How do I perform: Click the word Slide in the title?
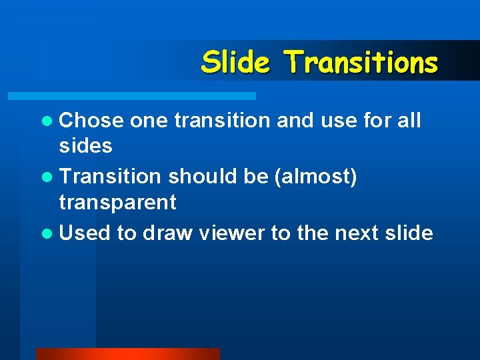(x=235, y=62)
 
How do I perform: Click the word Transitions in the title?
(x=361, y=62)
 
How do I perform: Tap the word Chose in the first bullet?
(x=91, y=121)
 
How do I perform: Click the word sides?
(x=86, y=146)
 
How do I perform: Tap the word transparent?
(x=117, y=202)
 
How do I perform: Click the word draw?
(x=166, y=233)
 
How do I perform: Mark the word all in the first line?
(x=408, y=121)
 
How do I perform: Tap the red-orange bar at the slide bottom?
(x=127, y=353)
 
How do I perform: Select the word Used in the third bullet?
(x=85, y=233)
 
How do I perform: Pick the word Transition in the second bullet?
(x=110, y=177)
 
